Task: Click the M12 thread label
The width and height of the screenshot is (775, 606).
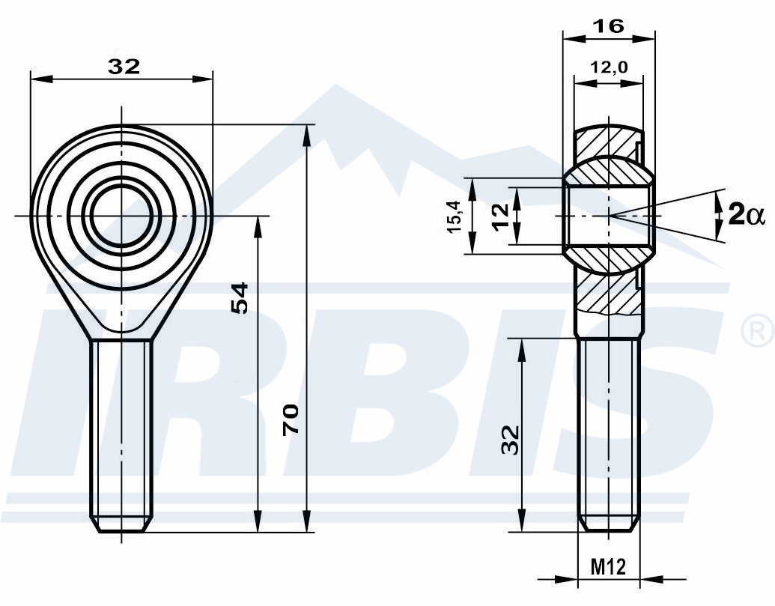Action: [x=609, y=566]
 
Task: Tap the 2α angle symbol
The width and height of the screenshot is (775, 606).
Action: [x=747, y=215]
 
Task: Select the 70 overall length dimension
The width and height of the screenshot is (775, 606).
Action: [x=291, y=419]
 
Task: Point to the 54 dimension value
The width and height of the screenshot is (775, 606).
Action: [x=239, y=297]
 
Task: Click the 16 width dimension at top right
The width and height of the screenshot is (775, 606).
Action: [x=609, y=25]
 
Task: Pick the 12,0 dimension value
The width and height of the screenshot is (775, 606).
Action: [x=609, y=66]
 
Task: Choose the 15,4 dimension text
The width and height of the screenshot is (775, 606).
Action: [x=455, y=216]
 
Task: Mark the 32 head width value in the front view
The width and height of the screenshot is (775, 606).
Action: [x=124, y=66]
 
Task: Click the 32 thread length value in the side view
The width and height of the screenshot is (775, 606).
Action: [x=510, y=440]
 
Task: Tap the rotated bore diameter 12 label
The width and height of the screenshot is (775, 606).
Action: [x=501, y=216]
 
